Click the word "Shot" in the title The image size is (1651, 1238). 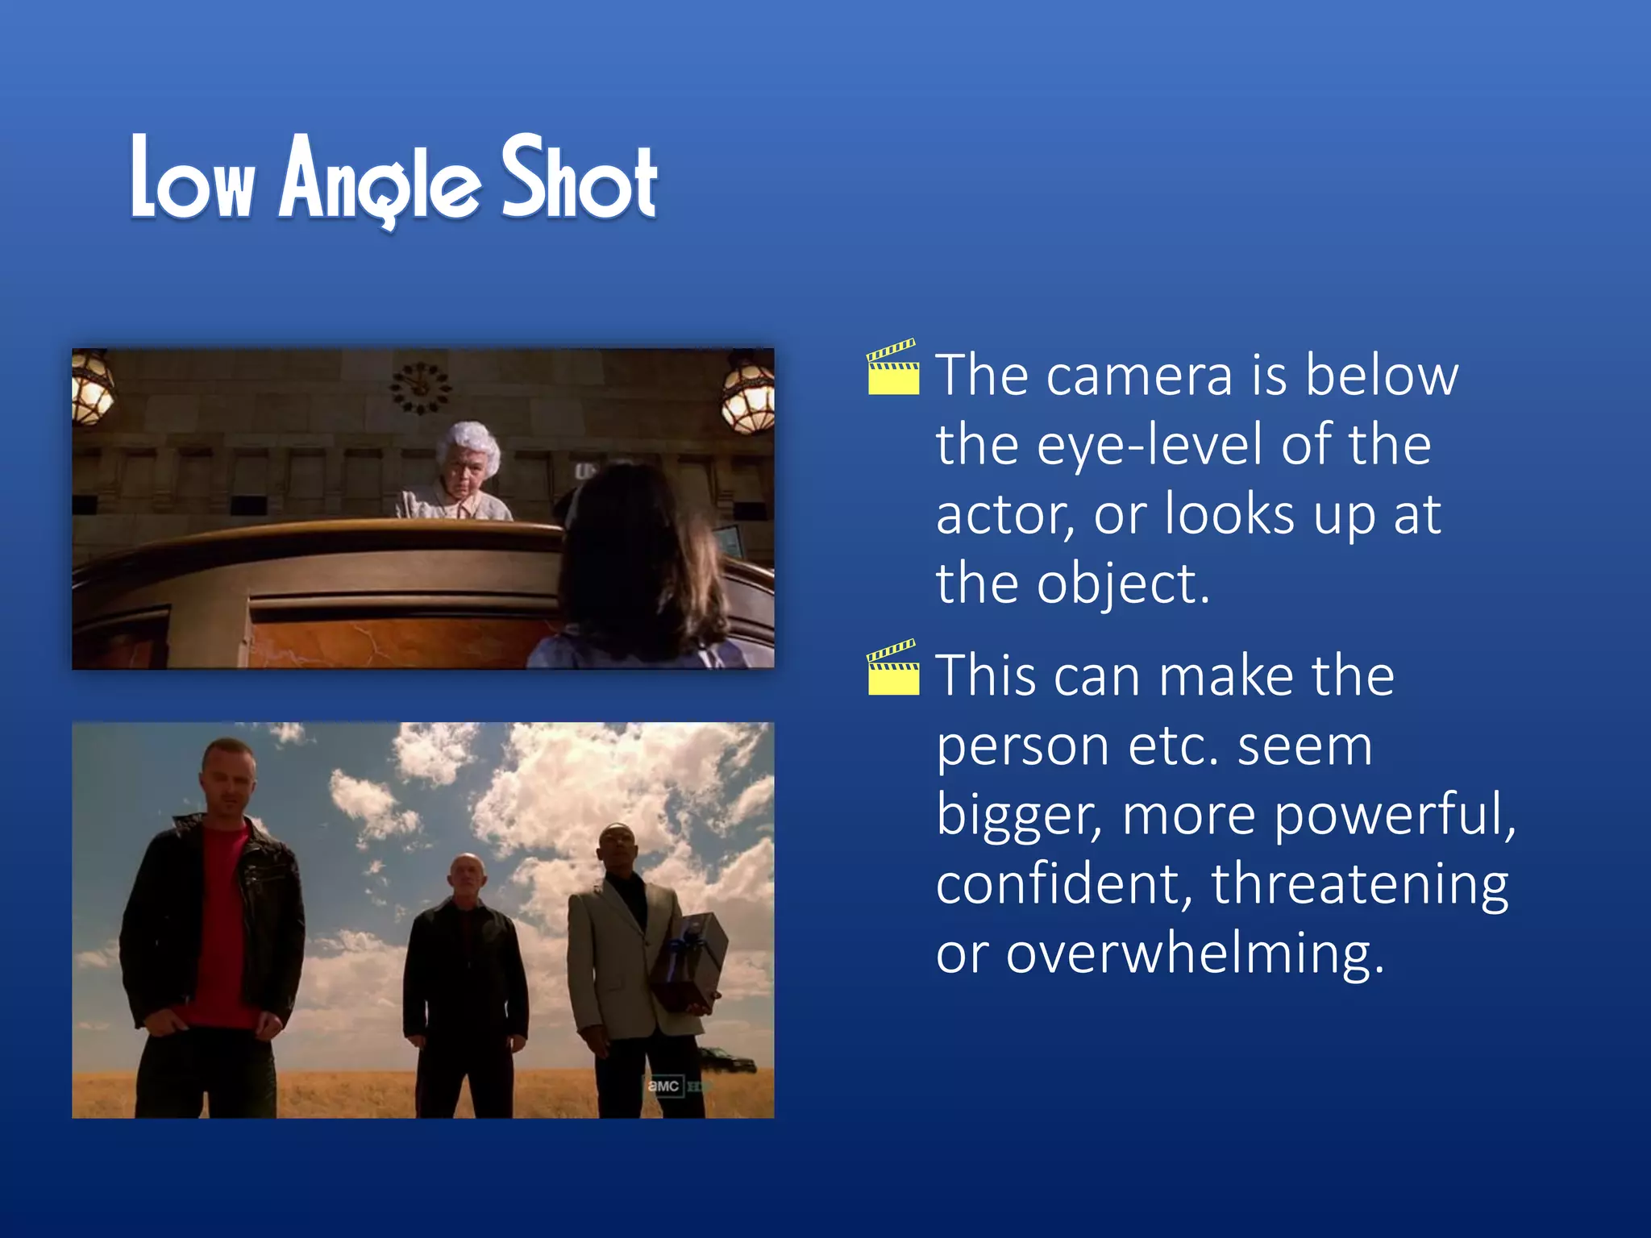[x=579, y=179]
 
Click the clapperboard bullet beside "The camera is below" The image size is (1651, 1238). [x=892, y=368]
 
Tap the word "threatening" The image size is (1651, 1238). [x=1359, y=884]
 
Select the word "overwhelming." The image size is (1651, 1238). [x=1194, y=954]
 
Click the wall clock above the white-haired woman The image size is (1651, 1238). [x=421, y=388]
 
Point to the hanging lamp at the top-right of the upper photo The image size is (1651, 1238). [x=749, y=392]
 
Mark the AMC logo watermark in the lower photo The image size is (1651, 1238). [x=663, y=1086]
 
